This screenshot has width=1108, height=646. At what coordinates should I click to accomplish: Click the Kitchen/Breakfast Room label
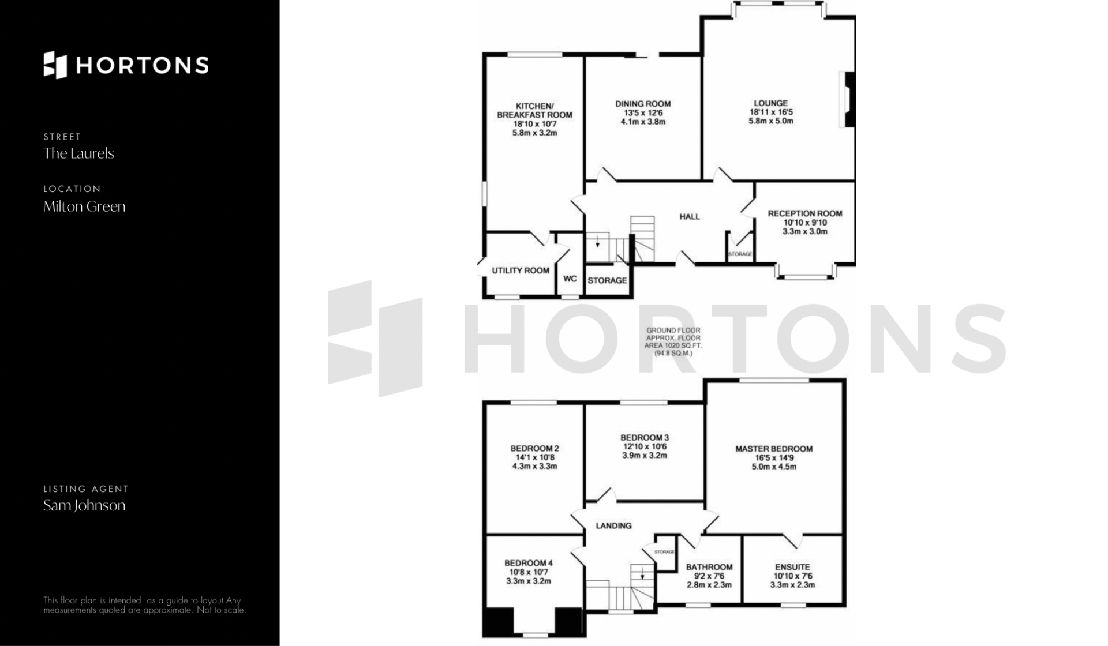point(535,110)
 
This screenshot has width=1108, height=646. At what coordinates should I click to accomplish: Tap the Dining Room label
point(643,104)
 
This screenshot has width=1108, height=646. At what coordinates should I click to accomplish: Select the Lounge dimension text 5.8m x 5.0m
point(771,121)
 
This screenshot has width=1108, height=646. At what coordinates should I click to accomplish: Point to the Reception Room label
point(805,213)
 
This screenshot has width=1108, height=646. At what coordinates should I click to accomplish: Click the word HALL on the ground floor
point(690,217)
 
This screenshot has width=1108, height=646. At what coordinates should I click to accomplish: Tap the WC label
point(570,279)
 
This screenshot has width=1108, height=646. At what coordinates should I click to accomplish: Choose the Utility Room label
point(521,271)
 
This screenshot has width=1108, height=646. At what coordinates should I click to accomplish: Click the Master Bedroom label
point(774,449)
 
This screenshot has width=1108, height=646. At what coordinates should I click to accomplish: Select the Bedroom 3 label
point(645,438)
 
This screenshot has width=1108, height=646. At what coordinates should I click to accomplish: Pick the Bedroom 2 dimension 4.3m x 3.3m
point(535,466)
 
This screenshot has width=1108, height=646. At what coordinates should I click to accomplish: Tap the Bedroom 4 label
point(529,564)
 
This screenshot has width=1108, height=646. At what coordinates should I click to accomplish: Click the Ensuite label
point(793,567)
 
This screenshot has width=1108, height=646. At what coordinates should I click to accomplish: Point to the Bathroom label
point(709,567)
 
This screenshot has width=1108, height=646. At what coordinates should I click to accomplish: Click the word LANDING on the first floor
point(613,526)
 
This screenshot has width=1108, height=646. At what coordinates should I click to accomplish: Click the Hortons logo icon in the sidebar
point(55,65)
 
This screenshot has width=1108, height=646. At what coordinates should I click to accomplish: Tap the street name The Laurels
point(78,153)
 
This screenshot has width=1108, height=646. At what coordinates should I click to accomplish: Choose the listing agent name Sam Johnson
point(84,506)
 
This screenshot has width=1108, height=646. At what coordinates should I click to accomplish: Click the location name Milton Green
point(84,206)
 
